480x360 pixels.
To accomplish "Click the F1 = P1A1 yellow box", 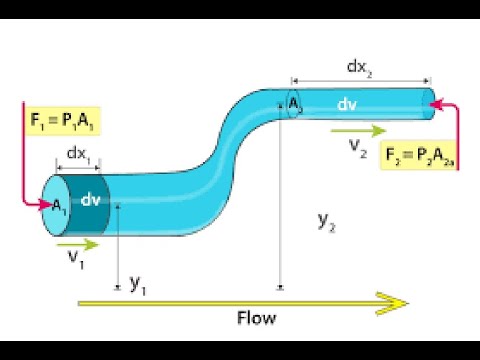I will click(59, 124).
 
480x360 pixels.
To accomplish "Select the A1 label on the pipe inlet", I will click(59, 205).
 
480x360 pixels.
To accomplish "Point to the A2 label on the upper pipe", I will click(295, 104).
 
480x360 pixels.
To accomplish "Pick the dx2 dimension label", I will click(360, 67).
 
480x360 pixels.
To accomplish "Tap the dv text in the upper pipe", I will click(347, 104).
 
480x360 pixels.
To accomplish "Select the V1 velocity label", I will click(74, 262).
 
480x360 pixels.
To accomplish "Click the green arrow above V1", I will click(78, 243).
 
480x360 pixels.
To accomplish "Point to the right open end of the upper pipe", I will click(432, 99).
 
